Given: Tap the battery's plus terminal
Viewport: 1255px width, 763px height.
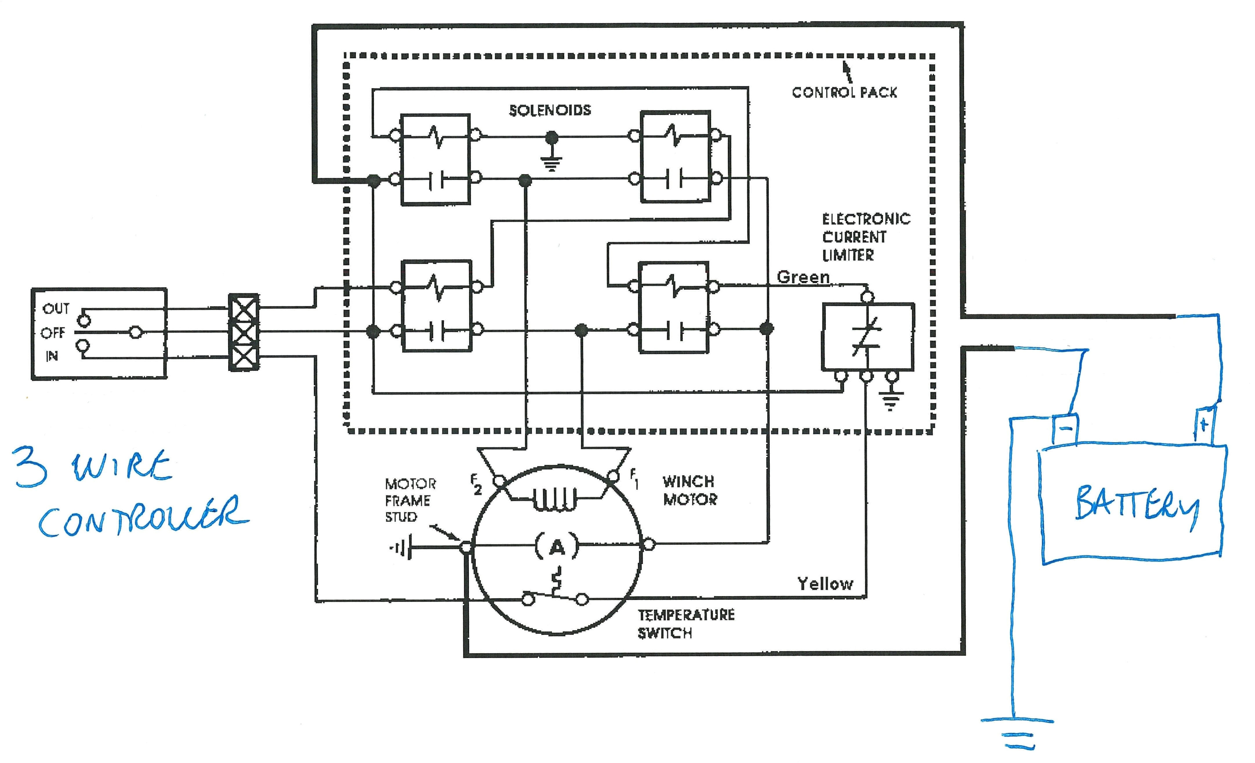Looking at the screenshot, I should click(1204, 424).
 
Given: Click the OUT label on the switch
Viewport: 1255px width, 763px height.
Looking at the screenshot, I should click(56, 308).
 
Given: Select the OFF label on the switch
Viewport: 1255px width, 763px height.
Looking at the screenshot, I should click(53, 333).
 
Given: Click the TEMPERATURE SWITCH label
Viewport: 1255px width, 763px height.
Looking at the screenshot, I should click(686, 624).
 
